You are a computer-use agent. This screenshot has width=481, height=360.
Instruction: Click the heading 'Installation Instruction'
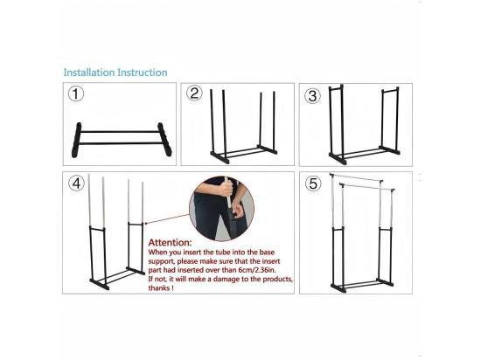click(x=115, y=72)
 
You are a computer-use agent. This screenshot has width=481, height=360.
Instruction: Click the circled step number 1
click(x=78, y=95)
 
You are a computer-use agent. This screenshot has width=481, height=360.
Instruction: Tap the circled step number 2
click(x=195, y=94)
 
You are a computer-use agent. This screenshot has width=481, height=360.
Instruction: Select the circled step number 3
click(x=313, y=94)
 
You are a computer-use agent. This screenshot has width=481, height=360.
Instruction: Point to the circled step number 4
click(x=78, y=183)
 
